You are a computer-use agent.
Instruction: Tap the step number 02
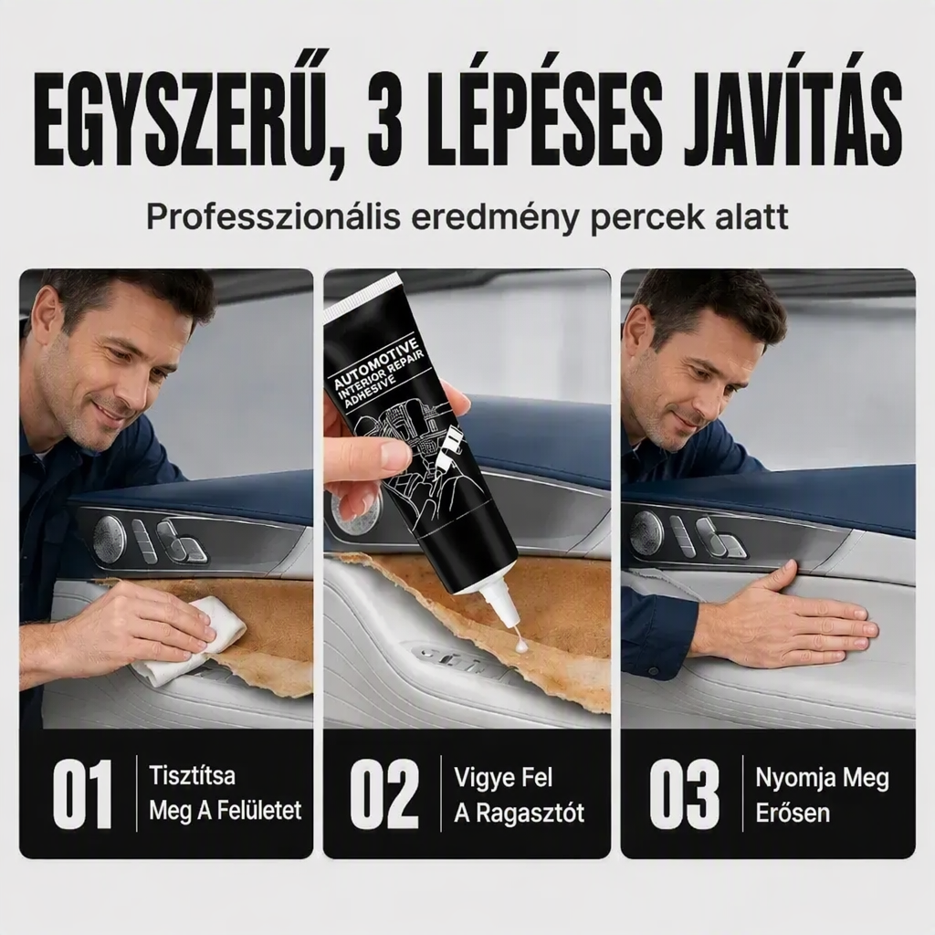384,793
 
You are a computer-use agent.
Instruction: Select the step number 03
684,793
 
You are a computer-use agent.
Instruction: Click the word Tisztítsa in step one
192,776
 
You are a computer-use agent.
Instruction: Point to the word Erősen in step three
793,813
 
